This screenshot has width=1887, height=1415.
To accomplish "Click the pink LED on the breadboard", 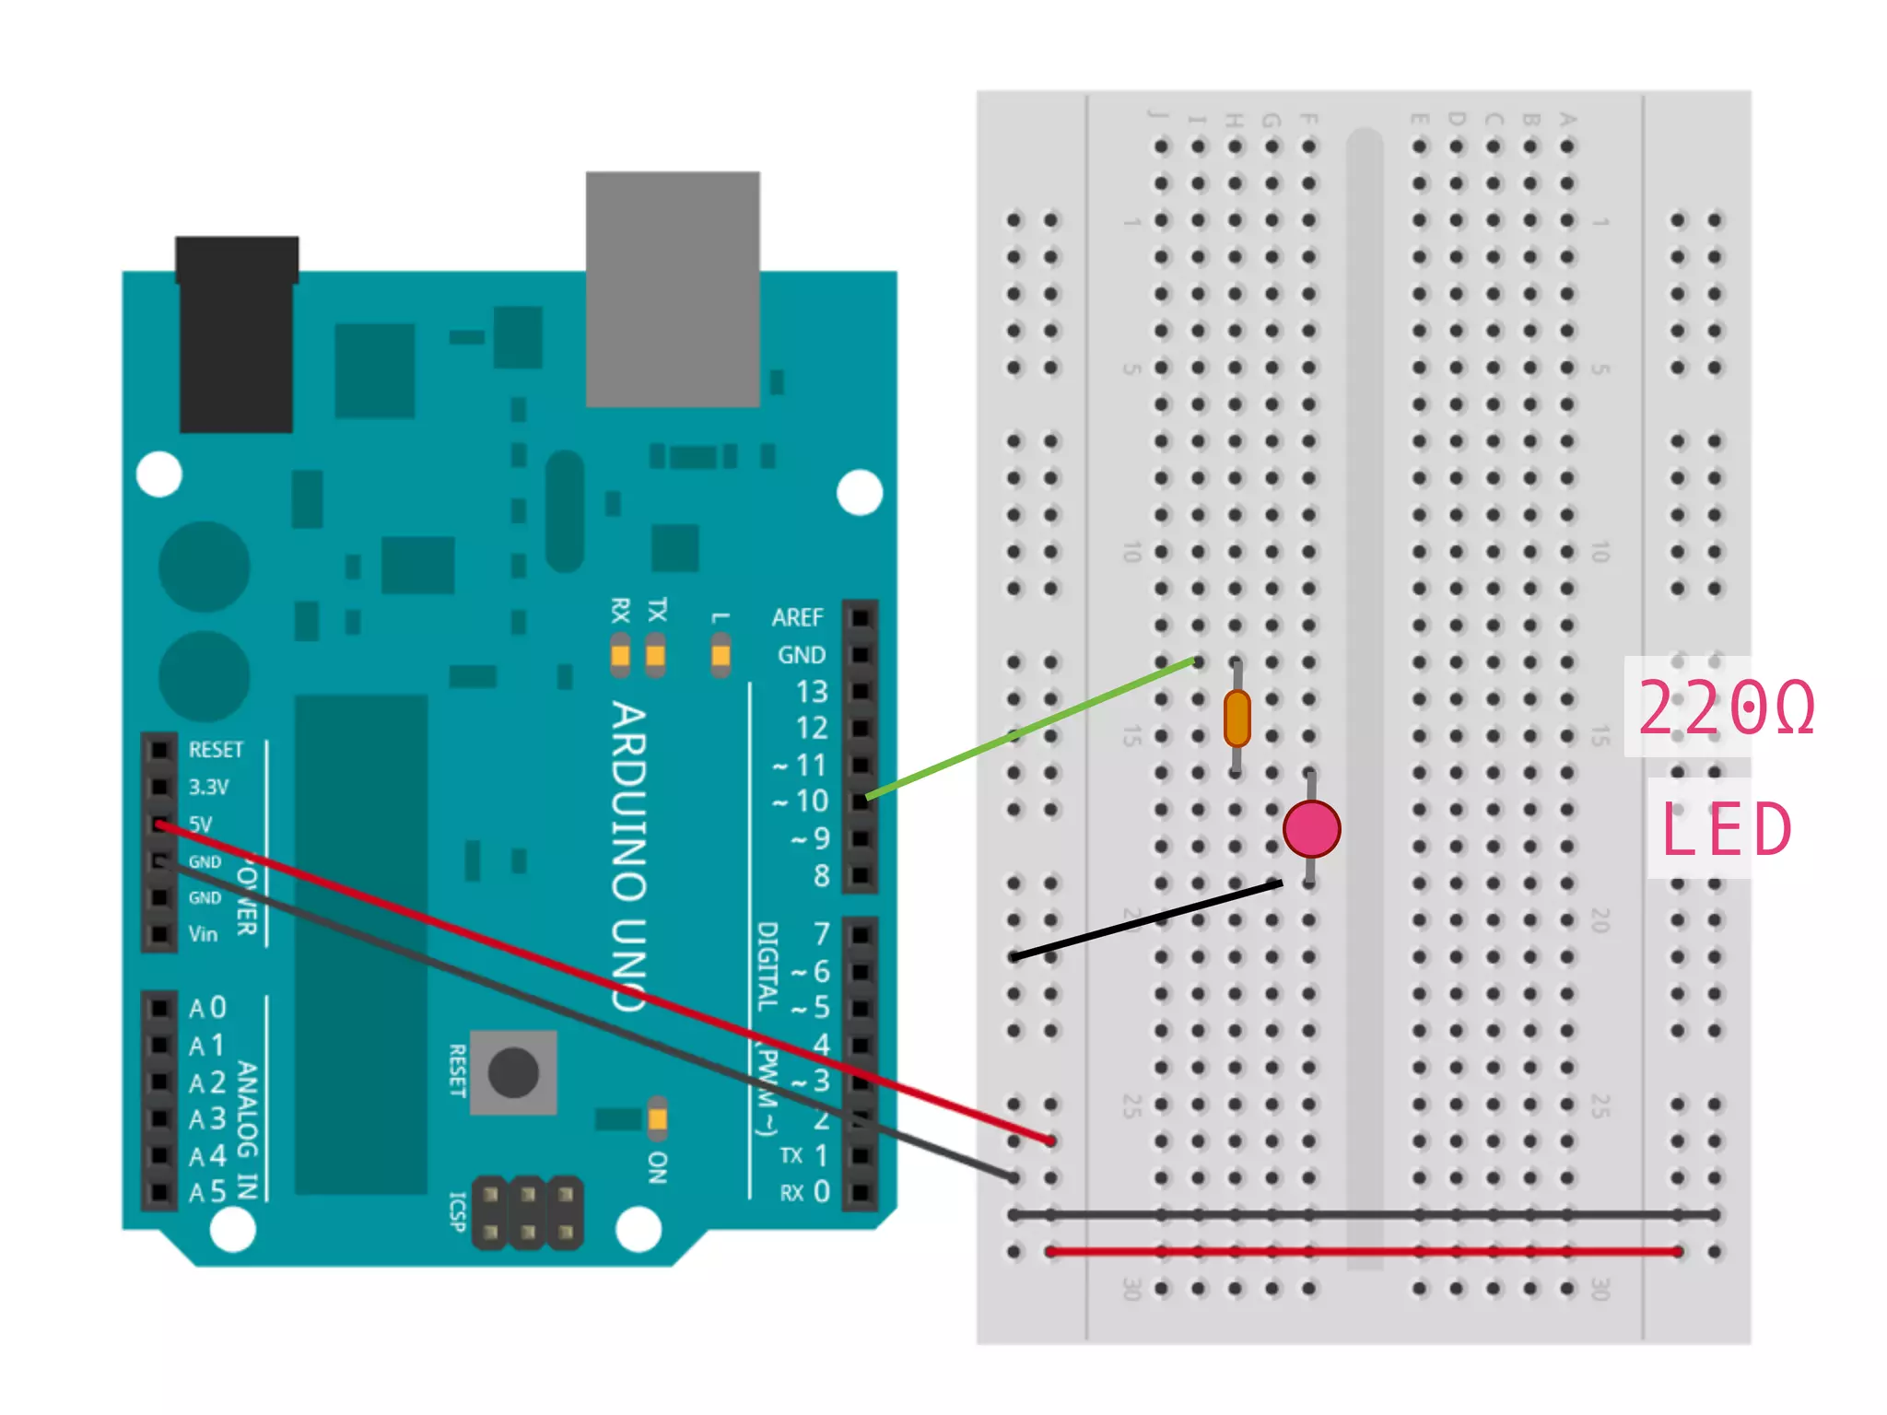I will point(1311,828).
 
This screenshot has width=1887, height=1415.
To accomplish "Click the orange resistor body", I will point(1237,719).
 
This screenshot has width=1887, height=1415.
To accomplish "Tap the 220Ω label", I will point(1726,707).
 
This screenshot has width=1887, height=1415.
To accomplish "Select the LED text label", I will point(1726,829).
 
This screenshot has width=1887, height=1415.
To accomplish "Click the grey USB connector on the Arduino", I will point(673,288).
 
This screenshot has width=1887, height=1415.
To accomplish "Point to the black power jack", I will point(237,334).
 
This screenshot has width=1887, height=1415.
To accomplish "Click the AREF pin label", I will point(797,617).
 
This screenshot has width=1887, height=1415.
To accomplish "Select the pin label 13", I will point(811,692).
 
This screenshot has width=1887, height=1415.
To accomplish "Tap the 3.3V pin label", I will point(208,787).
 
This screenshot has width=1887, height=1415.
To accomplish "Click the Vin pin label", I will point(203,934).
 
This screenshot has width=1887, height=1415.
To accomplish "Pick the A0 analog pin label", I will point(207,1008).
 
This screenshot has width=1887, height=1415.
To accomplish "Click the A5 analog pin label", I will point(207,1192).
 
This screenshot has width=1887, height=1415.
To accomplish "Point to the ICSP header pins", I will point(527,1212).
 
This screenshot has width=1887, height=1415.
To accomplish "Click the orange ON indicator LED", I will point(657,1117).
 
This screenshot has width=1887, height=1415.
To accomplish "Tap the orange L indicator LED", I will point(721,655).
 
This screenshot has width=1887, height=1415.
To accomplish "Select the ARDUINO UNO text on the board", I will point(629,857).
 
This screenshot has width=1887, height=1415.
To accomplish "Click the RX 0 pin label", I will point(805,1192).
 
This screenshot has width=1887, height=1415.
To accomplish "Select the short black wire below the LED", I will point(1147,920).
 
